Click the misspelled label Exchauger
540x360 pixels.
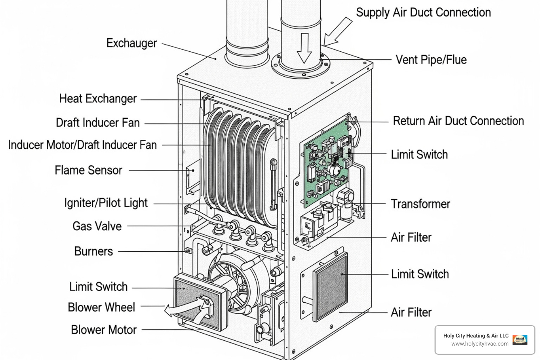(131, 43)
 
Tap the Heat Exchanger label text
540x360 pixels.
(98, 99)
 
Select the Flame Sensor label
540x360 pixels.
(88, 171)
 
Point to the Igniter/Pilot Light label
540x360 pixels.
(106, 203)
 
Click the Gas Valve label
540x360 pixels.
(97, 226)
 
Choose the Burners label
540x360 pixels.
(94, 251)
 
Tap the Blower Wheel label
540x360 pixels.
(101, 307)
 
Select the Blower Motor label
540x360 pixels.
(104, 330)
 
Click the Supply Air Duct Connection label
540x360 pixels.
(423, 13)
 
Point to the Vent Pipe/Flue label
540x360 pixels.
(431, 60)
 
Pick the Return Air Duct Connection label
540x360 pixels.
(458, 121)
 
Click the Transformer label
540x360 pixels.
(420, 204)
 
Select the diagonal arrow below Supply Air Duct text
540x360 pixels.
(337, 32)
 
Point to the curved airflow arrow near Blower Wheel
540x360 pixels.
(186, 309)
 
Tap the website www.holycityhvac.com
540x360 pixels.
(480, 344)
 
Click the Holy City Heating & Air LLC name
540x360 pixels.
(476, 336)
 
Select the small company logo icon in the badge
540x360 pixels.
(520, 340)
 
